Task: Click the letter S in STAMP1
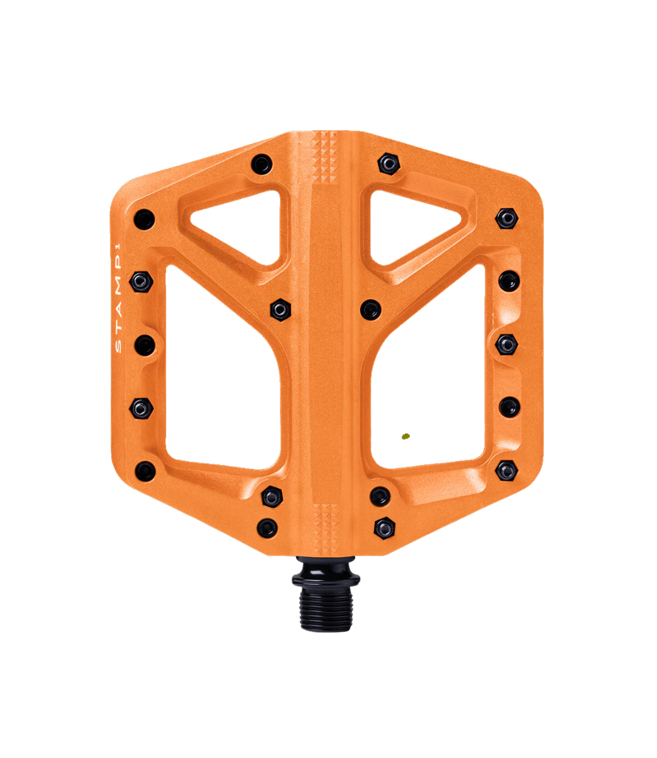coord(118,347)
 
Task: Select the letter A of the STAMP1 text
coord(118,311)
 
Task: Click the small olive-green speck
coord(406,436)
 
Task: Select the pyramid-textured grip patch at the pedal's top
coord(325,156)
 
